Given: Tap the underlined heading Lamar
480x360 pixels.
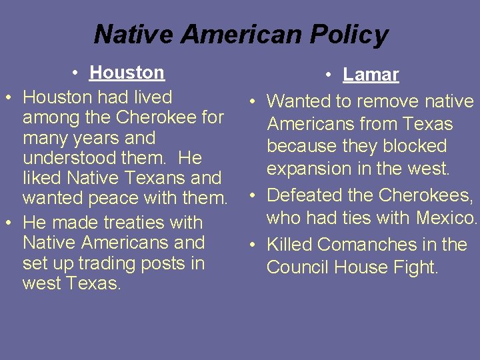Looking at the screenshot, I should [x=371, y=75].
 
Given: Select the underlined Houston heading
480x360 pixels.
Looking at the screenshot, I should [x=127, y=72].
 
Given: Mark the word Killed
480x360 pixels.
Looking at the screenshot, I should [x=289, y=245].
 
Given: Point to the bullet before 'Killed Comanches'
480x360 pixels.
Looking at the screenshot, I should [x=253, y=245].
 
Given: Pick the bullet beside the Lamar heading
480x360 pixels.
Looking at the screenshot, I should [x=329, y=75].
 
